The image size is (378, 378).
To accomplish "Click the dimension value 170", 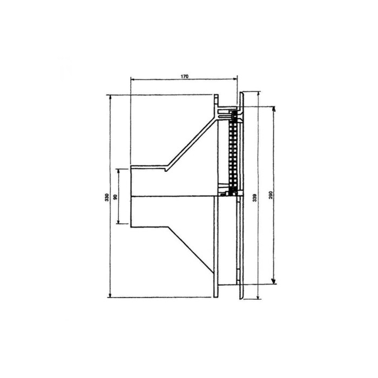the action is (185, 77).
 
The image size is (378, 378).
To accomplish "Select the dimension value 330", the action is (107, 198).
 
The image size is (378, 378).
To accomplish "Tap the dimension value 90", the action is (115, 197).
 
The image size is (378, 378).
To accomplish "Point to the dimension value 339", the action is (255, 198).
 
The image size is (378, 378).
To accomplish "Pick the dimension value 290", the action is (271, 195).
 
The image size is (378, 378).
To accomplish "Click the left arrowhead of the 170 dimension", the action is (132, 79).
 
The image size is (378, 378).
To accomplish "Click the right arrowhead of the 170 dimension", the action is (235, 79).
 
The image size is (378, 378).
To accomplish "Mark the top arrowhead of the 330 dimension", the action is (110, 97).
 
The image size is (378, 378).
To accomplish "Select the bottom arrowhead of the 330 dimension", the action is (110, 295).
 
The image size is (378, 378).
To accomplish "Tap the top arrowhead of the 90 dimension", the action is (118, 171).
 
